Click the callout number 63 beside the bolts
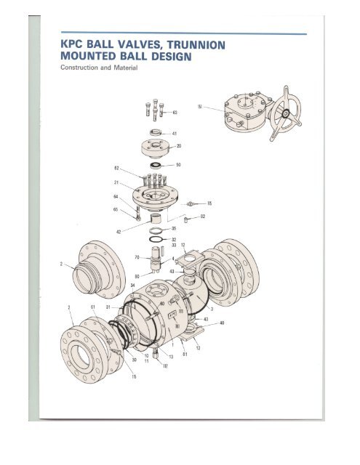[x=175, y=112]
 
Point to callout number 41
[x=175, y=134]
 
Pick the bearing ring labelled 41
[x=156, y=133]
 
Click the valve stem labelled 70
[x=154, y=259]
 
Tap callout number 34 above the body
[x=132, y=286]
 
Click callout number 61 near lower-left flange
[x=84, y=307]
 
